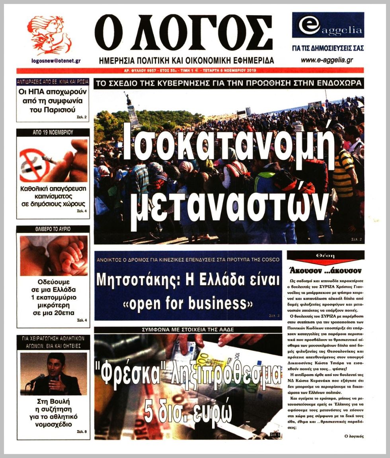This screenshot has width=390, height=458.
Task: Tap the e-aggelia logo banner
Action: click(328, 25)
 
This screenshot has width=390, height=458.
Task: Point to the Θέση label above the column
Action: click(325, 256)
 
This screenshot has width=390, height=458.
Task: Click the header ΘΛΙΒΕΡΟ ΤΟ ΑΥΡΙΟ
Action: click(53, 229)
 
